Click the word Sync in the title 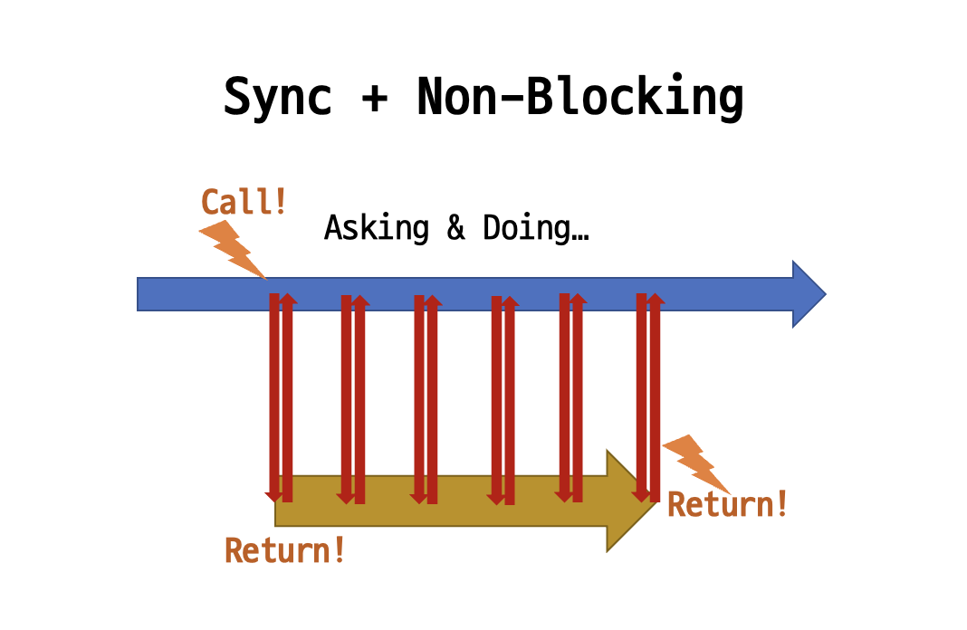tap(277, 97)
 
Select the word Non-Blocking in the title tap(579, 97)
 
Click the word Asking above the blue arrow tap(376, 227)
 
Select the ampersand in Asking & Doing tap(455, 227)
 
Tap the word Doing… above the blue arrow tap(535, 227)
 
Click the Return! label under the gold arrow tap(285, 549)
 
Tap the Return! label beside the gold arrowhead tap(727, 504)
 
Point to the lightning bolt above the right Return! tap(697, 462)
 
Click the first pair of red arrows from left tap(281, 398)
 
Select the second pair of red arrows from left tap(353, 398)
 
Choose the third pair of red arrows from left tap(426, 398)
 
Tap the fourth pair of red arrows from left tap(503, 398)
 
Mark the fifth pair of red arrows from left tap(570, 398)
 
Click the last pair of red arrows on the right tap(648, 398)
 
